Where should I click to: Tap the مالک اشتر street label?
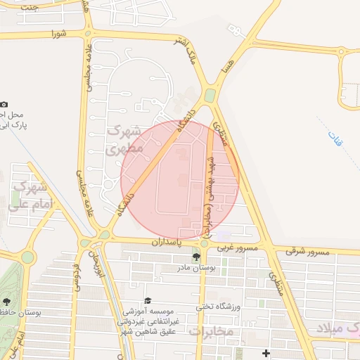[x=190, y=54]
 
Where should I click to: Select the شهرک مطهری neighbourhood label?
[x=124, y=140]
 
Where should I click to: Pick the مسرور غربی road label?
[x=237, y=247]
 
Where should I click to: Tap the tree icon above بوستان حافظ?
[x=6, y=301]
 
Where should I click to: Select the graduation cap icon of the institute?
[x=147, y=300]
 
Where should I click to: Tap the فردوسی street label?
[x=76, y=277]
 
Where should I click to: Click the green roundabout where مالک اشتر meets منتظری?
[x=210, y=96]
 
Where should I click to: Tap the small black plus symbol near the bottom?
[x=266, y=352]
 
